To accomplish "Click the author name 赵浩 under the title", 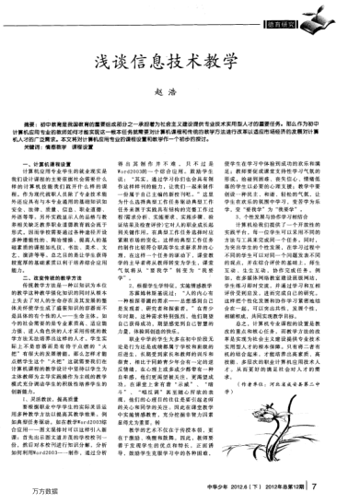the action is point(179,96).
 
